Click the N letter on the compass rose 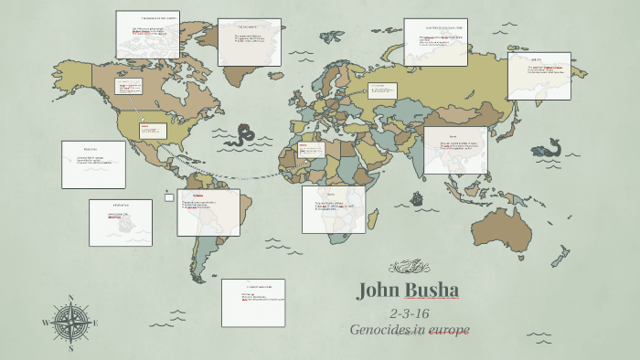71,298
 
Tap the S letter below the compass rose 71,348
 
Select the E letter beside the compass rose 97,323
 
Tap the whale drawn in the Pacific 549,147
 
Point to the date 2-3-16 409,313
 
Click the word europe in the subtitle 444,329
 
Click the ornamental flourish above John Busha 408,267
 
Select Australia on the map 507,225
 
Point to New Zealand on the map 560,255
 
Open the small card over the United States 153,130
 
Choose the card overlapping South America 208,212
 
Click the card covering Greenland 249,42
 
